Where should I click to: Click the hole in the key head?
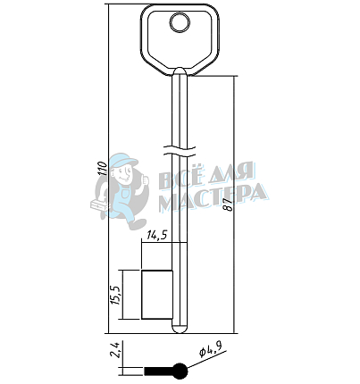[180, 22]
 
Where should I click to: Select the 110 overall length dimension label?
[103, 169]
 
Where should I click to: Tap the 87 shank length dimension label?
[229, 205]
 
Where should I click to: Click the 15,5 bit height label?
[115, 295]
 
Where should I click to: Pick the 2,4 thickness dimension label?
[115, 350]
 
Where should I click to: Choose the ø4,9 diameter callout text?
[210, 348]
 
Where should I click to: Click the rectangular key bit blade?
[157, 295]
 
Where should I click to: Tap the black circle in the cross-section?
[180, 371]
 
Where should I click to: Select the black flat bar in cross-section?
[159, 371]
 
